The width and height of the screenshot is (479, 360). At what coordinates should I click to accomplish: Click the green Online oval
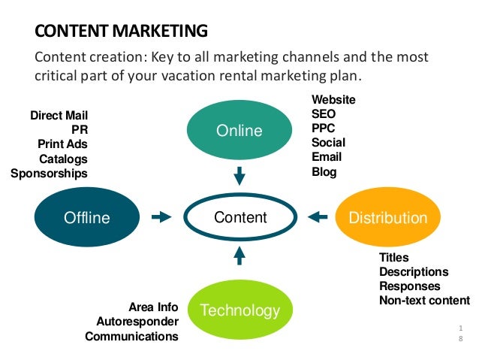pos(239,131)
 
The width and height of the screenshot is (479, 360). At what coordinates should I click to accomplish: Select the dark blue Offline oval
pos(86,218)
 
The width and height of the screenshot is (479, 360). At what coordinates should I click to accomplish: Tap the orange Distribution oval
pos(388,218)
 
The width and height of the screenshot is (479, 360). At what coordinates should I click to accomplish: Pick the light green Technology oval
pos(239,310)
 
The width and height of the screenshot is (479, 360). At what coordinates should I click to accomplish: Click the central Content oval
pos(240,218)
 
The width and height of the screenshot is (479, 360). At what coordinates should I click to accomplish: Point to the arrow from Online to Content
pos(239,177)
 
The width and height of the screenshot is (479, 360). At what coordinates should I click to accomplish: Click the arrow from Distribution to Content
pos(318,218)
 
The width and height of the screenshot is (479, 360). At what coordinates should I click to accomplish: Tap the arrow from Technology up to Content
pos(239,256)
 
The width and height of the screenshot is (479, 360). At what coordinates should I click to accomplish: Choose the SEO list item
pos(324,114)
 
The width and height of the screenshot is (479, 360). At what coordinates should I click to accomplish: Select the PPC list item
pos(324,129)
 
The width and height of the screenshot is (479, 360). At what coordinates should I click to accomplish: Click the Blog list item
pos(324,172)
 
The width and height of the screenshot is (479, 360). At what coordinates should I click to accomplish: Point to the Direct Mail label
pos(59,116)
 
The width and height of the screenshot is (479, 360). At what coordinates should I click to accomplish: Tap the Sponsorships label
pos(49,174)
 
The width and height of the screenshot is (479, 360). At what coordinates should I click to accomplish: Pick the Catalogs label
pos(63,159)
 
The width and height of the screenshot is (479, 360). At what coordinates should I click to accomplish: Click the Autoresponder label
pos(137,322)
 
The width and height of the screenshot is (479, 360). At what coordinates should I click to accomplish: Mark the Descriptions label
pos(414,272)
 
